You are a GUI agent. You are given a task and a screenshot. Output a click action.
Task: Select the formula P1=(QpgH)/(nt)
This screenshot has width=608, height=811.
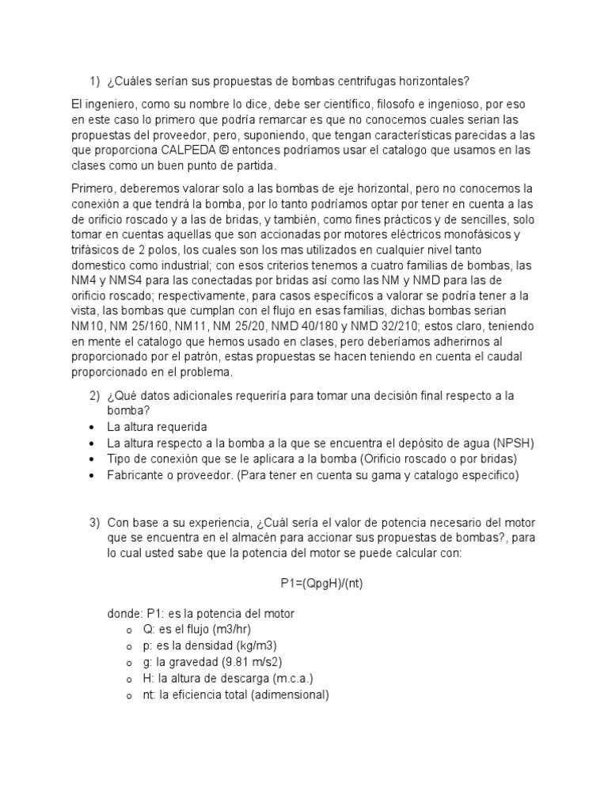(321, 584)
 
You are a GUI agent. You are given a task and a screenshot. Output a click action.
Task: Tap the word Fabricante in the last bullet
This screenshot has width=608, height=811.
(137, 475)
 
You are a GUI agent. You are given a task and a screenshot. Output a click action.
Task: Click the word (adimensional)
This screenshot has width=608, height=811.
(285, 695)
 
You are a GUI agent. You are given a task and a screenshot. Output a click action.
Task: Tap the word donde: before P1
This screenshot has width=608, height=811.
(125, 614)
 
